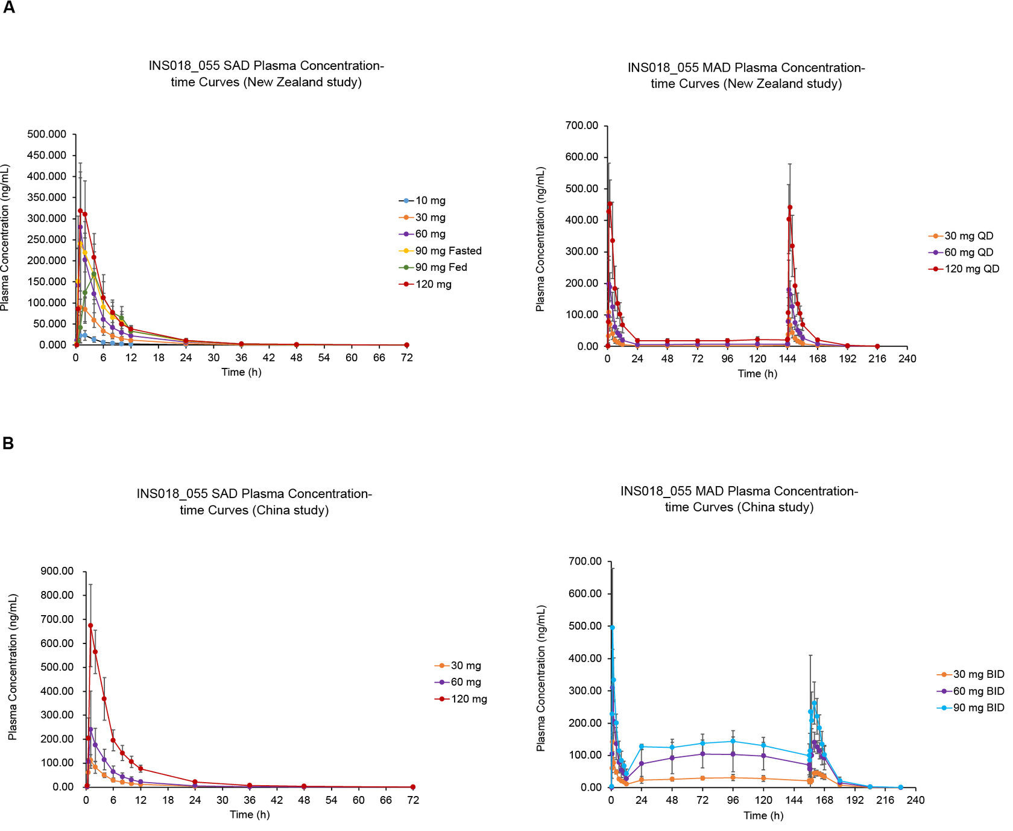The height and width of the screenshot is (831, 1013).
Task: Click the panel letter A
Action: click(x=9, y=8)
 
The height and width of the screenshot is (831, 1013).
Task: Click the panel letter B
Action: click(x=8, y=443)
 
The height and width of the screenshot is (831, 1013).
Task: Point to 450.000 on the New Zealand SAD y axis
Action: click(x=47, y=155)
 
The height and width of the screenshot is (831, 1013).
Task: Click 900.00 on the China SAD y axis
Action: click(x=57, y=571)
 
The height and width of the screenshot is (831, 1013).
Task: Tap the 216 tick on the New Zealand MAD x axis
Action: click(x=877, y=359)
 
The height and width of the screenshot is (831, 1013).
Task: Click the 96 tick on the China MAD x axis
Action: click(x=733, y=800)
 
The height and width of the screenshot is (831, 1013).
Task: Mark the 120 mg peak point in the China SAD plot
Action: click(x=90, y=625)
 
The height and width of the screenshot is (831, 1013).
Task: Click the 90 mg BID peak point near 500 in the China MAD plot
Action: click(x=612, y=627)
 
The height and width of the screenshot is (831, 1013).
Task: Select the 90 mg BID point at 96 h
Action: click(x=733, y=742)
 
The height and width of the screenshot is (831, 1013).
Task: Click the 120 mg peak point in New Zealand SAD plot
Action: click(x=80, y=210)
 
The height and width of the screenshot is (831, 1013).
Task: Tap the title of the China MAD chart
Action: click(x=739, y=499)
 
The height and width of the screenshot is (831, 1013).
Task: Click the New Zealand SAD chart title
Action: click(x=266, y=74)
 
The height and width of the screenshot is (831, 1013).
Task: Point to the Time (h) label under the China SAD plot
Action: click(x=250, y=815)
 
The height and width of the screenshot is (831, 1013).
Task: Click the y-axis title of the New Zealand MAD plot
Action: click(x=540, y=239)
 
